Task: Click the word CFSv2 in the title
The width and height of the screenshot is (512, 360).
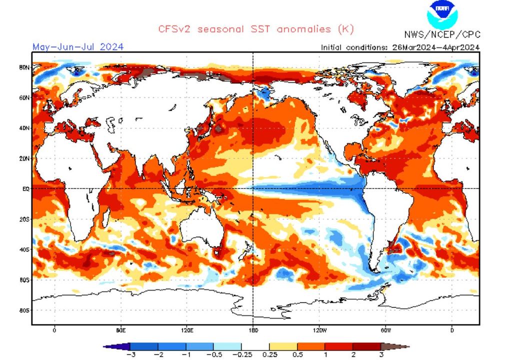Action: (x=175, y=29)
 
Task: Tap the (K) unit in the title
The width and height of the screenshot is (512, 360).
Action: (x=345, y=29)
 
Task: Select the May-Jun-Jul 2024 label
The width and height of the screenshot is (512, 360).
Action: (x=78, y=47)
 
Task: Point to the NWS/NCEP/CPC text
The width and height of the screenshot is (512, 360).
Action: (x=442, y=34)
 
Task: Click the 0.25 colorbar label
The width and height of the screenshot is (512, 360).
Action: (x=269, y=354)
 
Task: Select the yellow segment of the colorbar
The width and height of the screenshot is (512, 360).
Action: (x=283, y=346)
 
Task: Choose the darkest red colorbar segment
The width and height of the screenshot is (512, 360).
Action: (x=366, y=346)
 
